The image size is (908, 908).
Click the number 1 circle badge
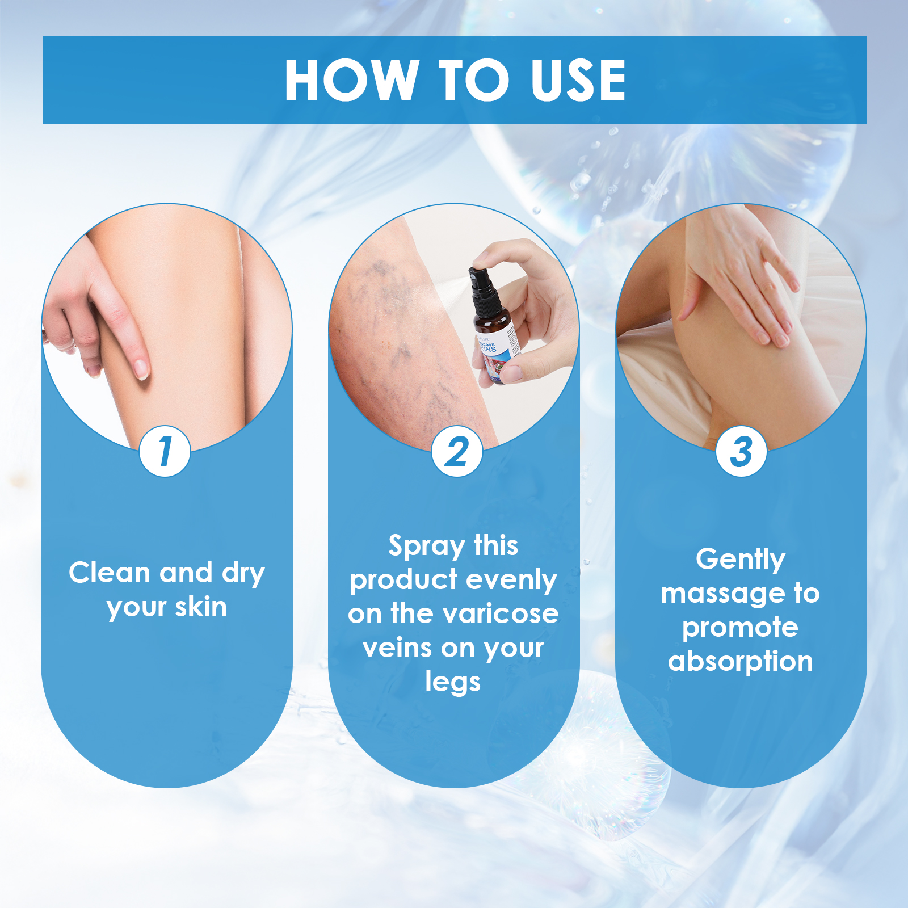tap(165, 452)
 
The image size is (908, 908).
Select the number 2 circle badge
tap(457, 452)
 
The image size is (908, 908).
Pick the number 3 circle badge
tap(741, 452)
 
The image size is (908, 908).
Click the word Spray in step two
tap(426, 547)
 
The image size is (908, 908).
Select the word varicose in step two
tap(501, 613)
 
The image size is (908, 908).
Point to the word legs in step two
tap(453, 682)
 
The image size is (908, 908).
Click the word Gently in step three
tap(741, 560)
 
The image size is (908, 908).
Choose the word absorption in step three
tap(741, 662)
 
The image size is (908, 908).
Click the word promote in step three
tap(741, 628)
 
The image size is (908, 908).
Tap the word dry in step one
tap(243, 574)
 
